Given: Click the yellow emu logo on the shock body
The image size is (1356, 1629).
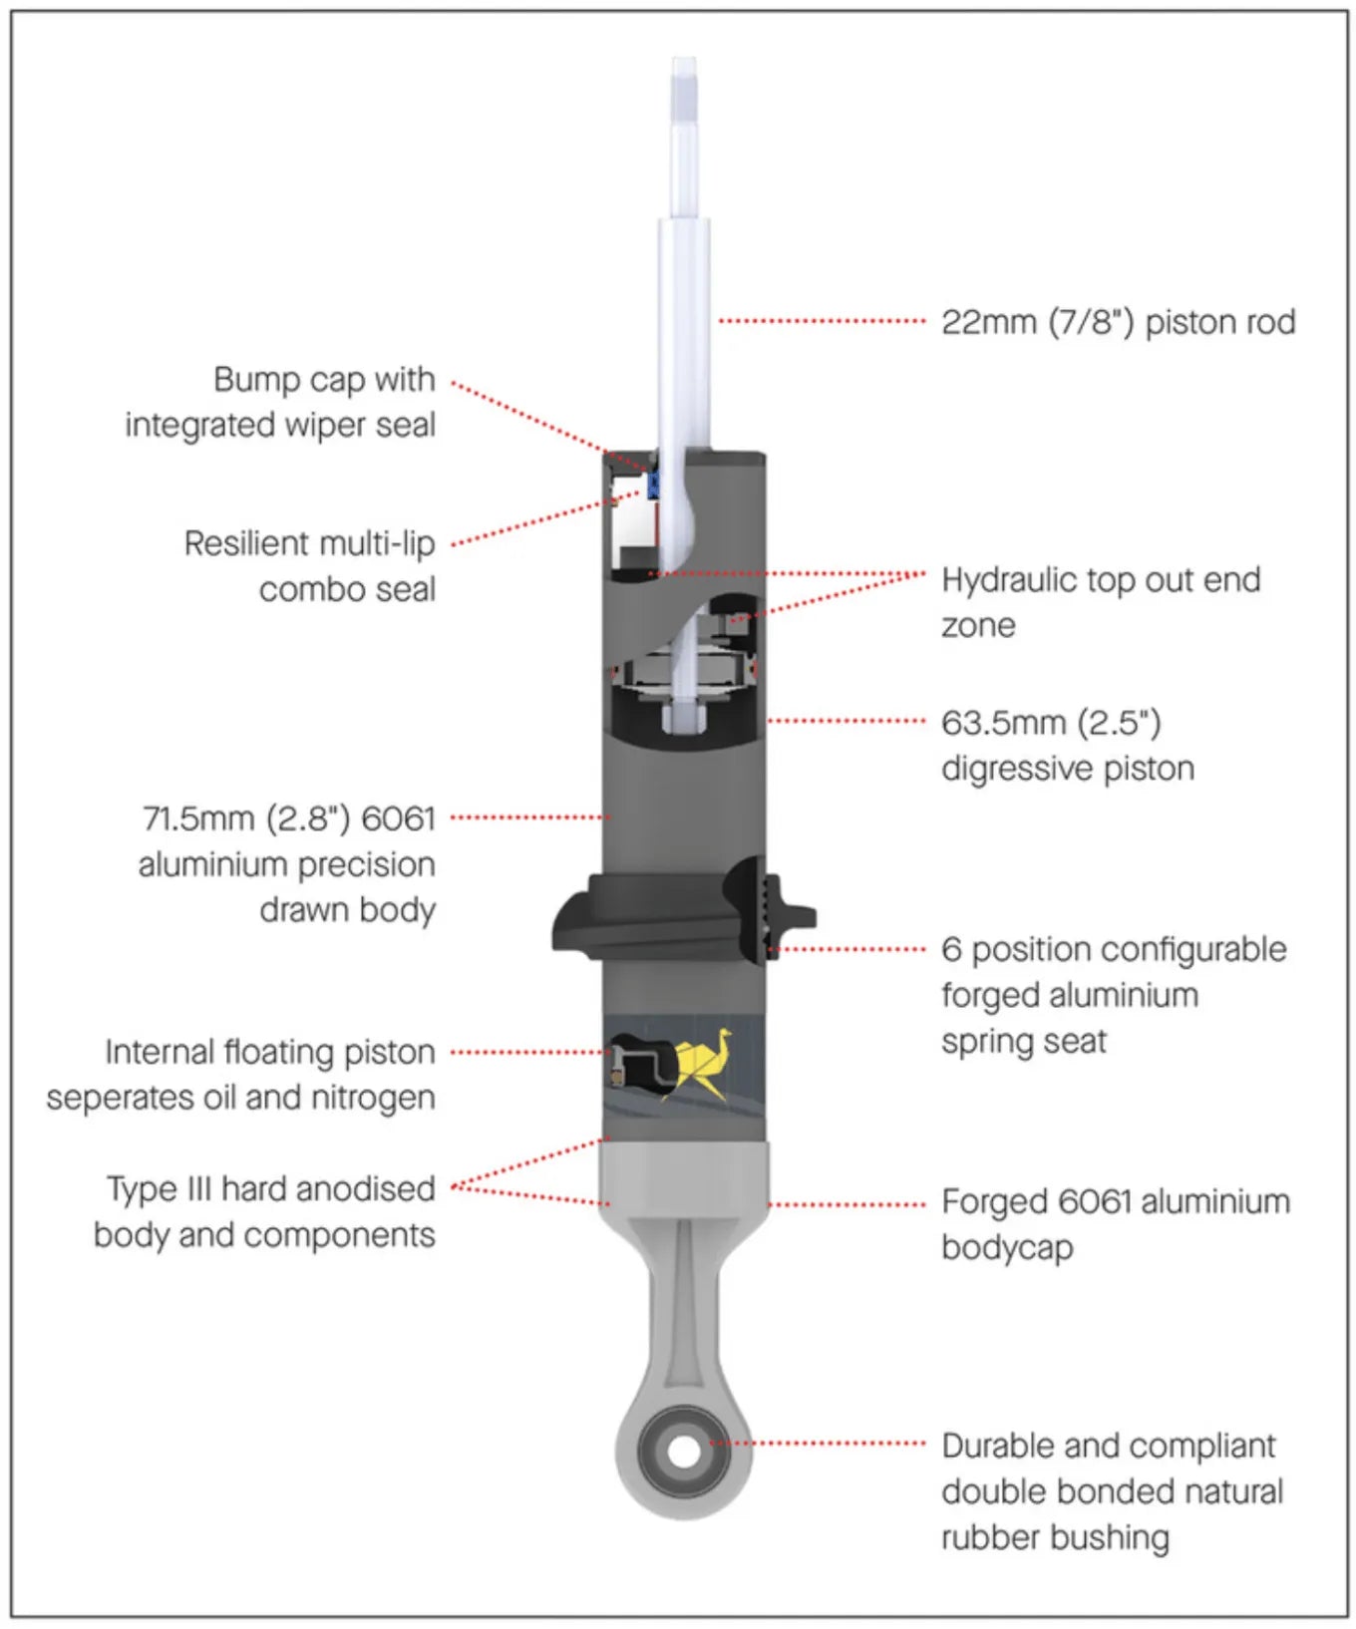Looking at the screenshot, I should [x=702, y=1063].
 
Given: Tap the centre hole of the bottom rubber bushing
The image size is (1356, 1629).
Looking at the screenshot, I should [x=684, y=1451].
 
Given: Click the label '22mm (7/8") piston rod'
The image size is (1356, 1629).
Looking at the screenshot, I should [x=1118, y=322].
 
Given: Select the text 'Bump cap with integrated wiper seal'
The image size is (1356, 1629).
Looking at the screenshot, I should [x=280, y=402].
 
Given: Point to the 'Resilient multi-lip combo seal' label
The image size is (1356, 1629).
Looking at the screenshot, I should [x=309, y=566].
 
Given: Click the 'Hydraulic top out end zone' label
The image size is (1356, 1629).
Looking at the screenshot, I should [x=1100, y=601].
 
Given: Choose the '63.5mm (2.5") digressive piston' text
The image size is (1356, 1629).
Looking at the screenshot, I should [x=1067, y=745].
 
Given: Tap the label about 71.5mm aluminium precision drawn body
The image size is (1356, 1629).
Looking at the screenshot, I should [x=287, y=863].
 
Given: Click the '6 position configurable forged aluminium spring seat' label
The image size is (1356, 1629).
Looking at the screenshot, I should [x=1113, y=994].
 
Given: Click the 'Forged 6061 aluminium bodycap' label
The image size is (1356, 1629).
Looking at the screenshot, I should [x=1115, y=1223].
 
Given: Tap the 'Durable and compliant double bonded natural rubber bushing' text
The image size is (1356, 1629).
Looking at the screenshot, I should [x=1112, y=1491].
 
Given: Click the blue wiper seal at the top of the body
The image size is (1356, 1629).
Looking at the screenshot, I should [x=654, y=486].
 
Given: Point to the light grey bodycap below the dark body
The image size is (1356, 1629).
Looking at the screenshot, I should [x=684, y=1176].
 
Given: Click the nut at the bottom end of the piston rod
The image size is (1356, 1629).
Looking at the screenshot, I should [x=684, y=716].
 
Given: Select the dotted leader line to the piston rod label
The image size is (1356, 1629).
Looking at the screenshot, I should [x=823, y=321].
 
